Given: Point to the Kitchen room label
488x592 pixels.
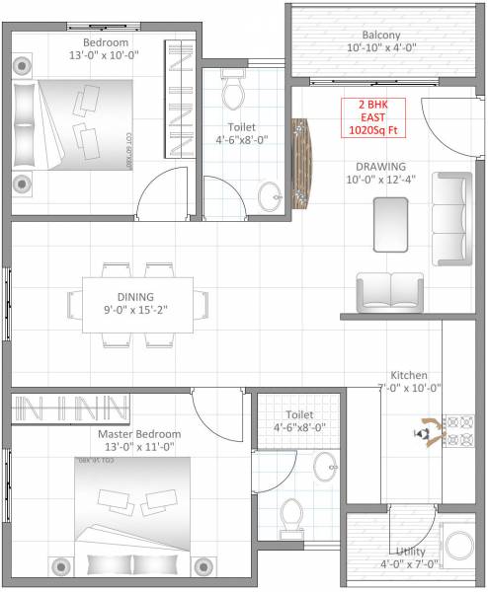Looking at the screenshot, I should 409,376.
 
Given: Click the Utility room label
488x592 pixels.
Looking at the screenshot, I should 410,552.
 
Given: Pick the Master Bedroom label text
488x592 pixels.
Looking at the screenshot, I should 139,434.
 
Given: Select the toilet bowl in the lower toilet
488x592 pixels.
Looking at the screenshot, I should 291,515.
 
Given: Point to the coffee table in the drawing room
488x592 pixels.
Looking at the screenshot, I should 389,223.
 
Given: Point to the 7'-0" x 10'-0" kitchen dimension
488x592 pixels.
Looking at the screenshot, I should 409,389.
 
